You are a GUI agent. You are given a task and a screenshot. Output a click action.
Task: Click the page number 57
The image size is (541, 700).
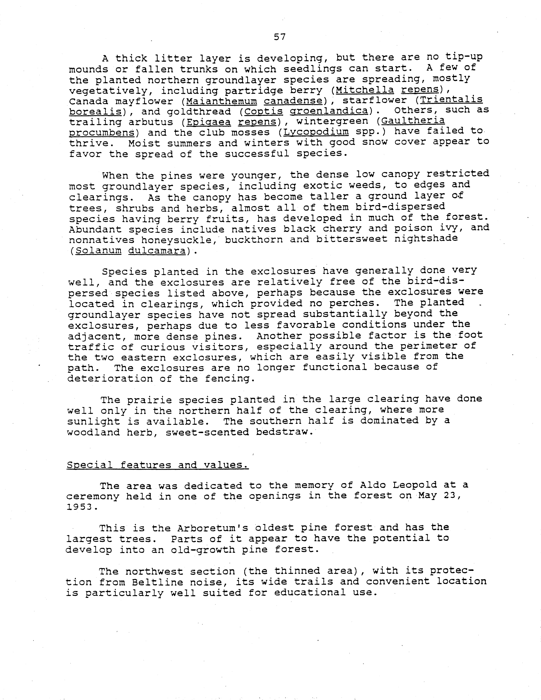click(280, 37)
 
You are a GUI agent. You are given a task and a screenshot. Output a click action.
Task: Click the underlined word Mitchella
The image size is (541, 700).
click(365, 90)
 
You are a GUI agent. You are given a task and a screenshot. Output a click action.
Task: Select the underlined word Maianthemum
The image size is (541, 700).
click(221, 101)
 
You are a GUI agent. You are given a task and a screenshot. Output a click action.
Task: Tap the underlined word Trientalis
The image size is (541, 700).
click(451, 100)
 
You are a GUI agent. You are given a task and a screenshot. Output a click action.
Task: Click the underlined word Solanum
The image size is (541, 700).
click(98, 250)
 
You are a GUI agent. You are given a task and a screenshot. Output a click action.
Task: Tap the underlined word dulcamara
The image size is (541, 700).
click(157, 250)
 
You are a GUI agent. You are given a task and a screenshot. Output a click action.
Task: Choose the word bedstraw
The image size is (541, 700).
click(284, 432)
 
